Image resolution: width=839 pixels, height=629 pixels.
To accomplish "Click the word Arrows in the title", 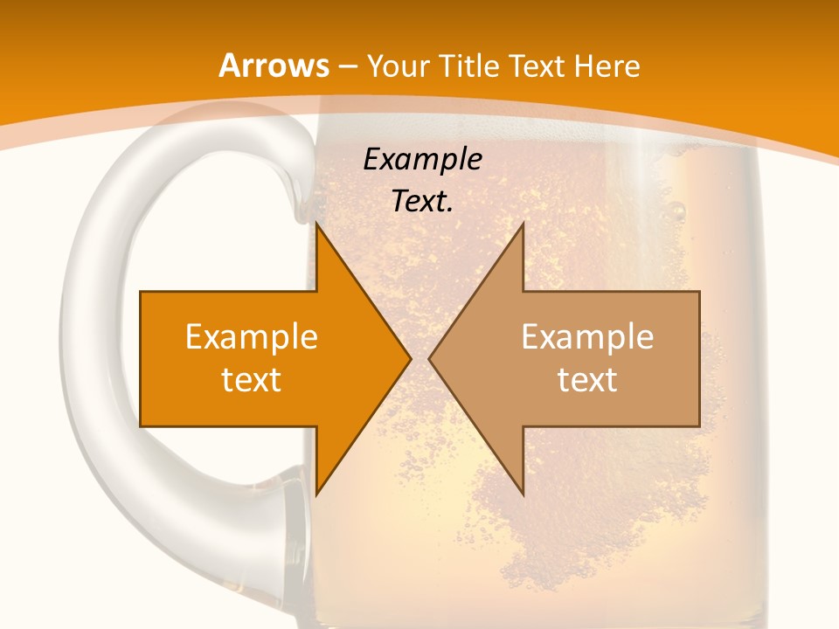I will (274, 66).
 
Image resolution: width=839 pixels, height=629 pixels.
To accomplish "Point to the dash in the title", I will (346, 66).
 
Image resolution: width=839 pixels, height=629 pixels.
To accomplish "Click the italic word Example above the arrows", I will (422, 159).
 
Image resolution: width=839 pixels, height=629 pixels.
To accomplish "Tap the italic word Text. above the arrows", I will (422, 201).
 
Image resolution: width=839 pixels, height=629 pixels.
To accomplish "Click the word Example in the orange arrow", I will (252, 336).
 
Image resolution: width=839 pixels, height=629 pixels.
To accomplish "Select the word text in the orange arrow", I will (252, 379).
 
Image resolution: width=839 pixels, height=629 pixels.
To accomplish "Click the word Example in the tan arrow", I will (587, 336).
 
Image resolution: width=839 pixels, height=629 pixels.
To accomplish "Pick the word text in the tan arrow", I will (587, 379).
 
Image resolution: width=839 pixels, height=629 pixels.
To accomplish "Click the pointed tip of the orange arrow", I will (411, 358).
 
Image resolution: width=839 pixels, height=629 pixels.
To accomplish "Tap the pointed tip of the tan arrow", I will (429, 358).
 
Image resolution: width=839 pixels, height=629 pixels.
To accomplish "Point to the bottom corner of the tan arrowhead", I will (523, 494).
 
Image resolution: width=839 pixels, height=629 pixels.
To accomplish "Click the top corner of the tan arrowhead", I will (523, 224).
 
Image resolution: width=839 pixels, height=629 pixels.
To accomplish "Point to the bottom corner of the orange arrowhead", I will (316, 494).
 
